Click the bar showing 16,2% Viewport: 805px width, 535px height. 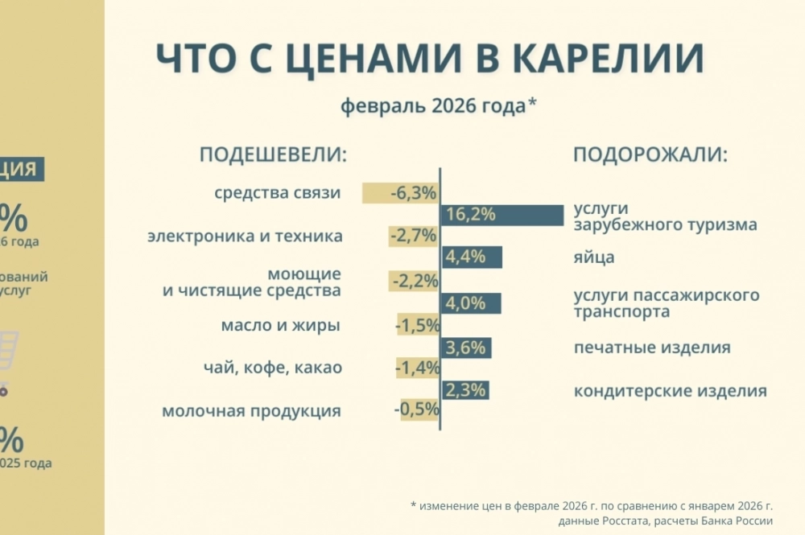coord(502,215)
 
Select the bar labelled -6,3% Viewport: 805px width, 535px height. coord(400,193)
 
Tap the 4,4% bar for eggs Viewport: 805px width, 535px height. coord(472,257)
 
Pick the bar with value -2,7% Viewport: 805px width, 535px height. coord(413,237)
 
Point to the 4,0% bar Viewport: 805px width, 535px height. coord(471,303)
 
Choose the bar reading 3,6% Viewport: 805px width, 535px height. coord(466,348)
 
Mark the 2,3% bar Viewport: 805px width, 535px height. coord(465,390)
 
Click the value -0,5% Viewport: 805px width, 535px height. coord(417,409)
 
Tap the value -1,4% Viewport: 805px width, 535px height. coord(417,368)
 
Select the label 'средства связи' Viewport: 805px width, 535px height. coord(278,193)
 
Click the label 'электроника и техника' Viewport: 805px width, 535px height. coord(245,237)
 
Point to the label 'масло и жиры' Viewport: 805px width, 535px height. coord(280,326)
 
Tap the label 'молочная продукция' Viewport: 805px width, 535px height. coord(251,411)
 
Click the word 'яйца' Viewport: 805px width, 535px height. coord(594,257)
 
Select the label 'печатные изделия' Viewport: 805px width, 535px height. coord(652,348)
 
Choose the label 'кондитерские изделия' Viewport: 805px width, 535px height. coord(670,392)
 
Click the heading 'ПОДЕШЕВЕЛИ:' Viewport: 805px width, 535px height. coord(273,154)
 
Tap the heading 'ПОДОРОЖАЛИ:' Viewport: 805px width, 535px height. coord(650,154)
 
